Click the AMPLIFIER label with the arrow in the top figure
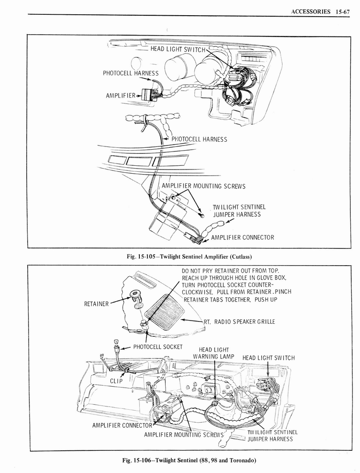[120, 96]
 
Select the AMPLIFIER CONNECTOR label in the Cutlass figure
[242, 237]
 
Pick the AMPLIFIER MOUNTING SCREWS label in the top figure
[203, 187]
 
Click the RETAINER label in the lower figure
[96, 304]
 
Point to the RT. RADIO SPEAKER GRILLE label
[239, 321]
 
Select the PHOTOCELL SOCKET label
[158, 347]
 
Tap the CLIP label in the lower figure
[116, 381]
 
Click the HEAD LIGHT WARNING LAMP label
[214, 353]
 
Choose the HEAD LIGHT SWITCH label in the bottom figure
[268, 358]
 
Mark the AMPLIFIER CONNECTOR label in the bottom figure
[122, 425]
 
